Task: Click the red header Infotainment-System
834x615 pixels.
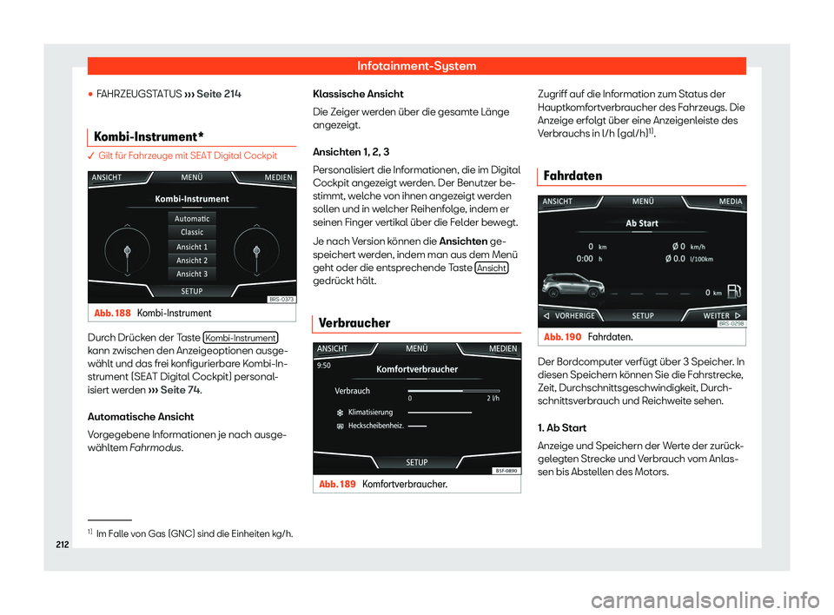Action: click(x=416, y=65)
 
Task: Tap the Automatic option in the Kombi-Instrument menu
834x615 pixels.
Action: click(x=191, y=219)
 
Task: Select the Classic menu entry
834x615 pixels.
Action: click(x=191, y=233)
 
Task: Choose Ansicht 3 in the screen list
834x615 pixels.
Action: click(x=191, y=274)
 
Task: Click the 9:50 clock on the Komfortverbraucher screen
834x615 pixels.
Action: click(x=323, y=366)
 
